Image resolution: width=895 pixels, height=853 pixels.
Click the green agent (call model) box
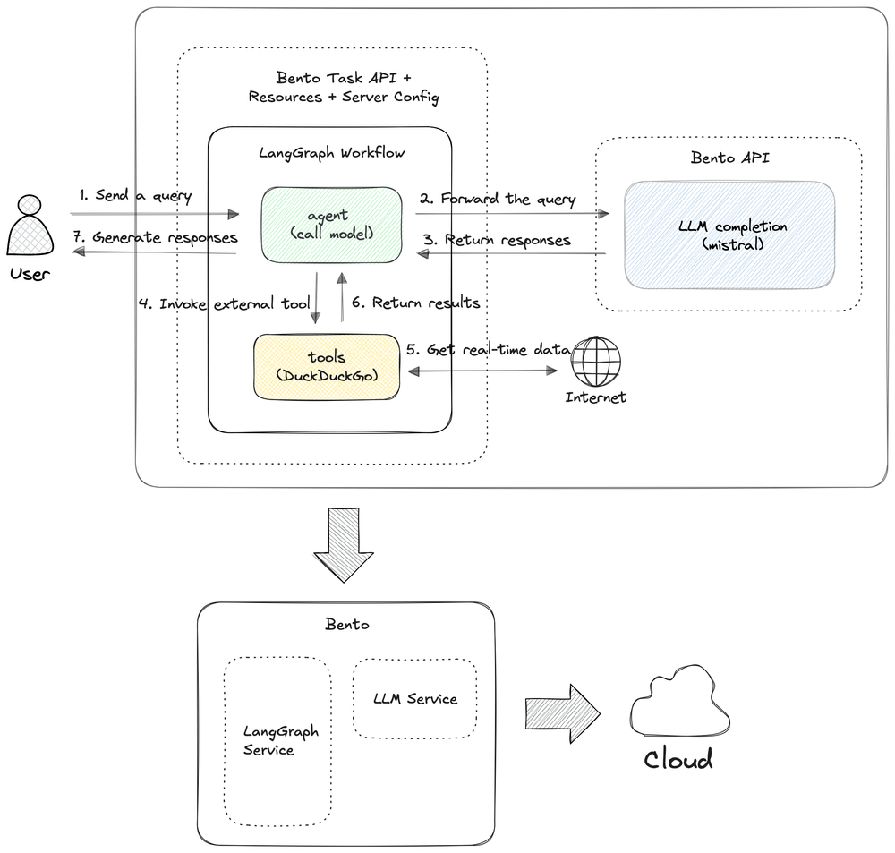click(332, 225)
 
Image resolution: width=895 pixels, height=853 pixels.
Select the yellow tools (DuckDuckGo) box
click(327, 367)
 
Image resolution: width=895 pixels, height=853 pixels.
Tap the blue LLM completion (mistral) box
click(729, 235)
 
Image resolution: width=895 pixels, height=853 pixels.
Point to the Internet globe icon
click(596, 362)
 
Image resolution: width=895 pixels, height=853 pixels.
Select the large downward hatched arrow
click(344, 545)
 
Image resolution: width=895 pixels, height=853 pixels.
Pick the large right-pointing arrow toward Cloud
click(563, 713)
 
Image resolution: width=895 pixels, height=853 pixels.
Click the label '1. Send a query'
click(135, 195)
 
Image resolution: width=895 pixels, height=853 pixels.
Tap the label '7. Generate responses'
click(155, 237)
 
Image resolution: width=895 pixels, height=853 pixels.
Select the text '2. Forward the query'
click(498, 199)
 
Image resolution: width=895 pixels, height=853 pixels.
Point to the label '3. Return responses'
click(497, 240)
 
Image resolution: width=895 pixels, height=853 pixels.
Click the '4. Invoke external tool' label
click(225, 303)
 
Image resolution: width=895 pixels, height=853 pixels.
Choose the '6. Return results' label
click(415, 302)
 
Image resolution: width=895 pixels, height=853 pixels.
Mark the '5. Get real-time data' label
click(488, 349)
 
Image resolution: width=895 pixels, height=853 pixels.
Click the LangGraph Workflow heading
click(332, 153)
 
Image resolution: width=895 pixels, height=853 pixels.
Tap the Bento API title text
click(730, 158)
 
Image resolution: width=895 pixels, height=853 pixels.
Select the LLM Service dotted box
click(415, 698)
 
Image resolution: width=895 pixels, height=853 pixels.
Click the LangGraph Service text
click(281, 740)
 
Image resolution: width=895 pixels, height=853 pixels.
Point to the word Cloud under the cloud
click(678, 760)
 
